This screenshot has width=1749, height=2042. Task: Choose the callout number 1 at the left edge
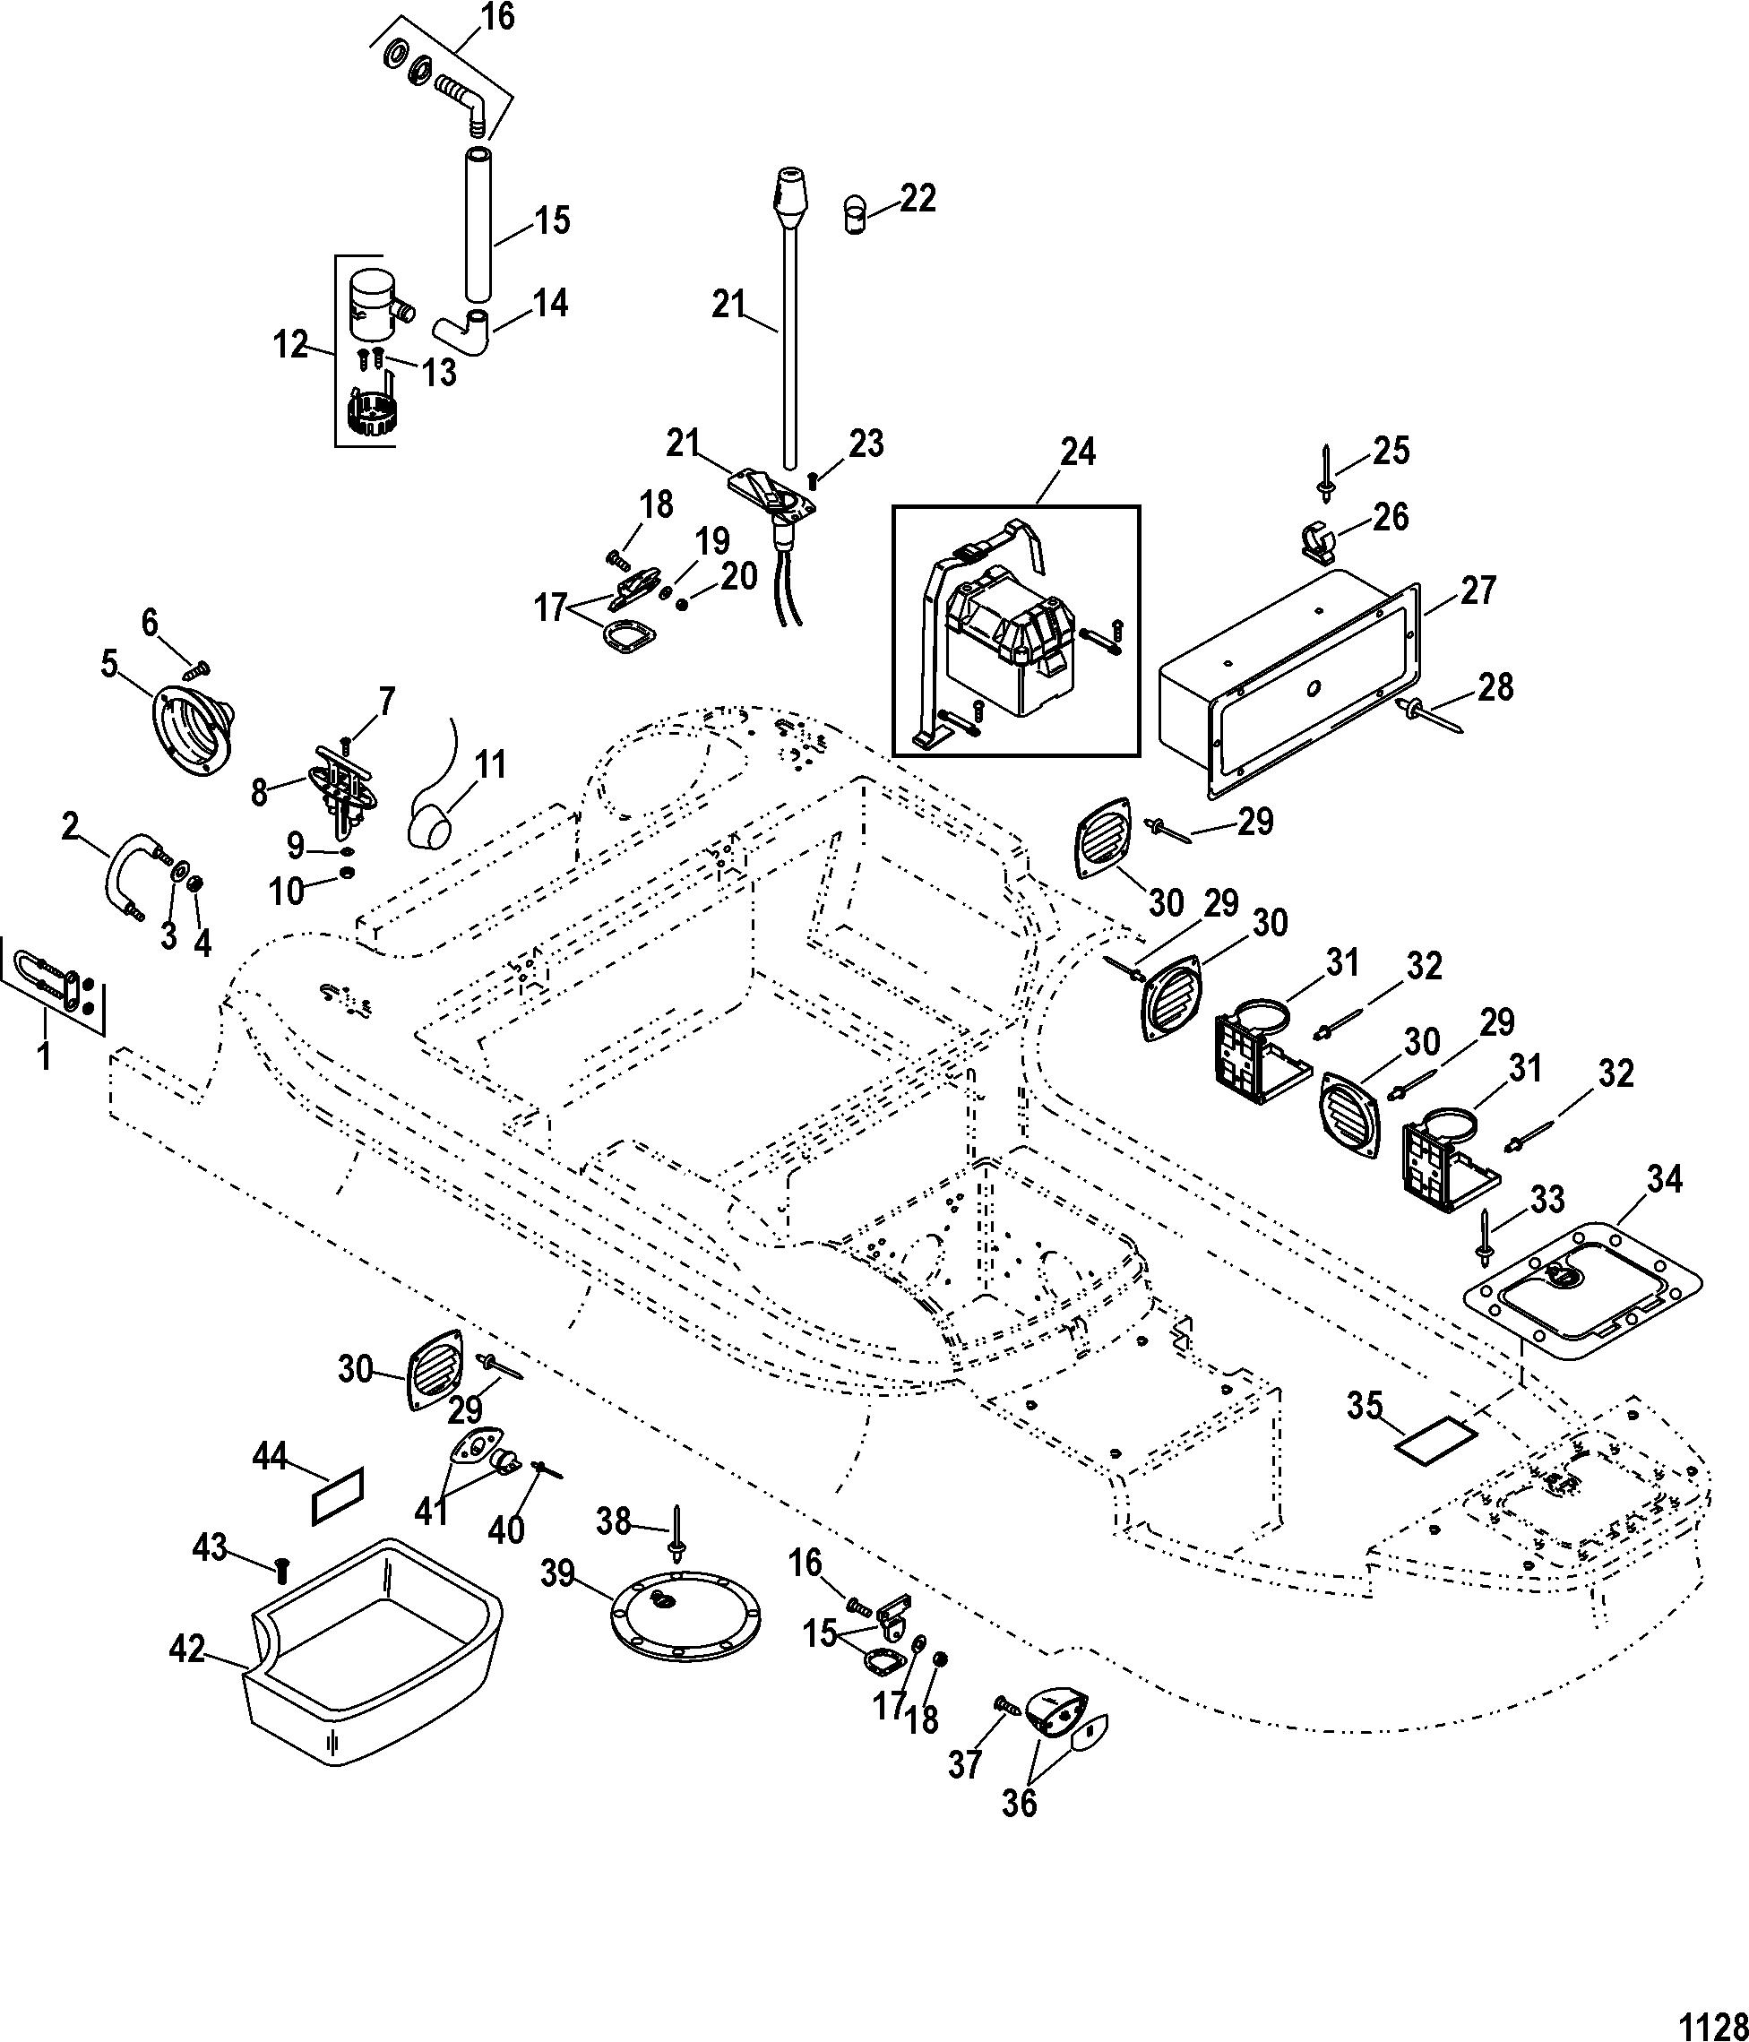[42, 1056]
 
